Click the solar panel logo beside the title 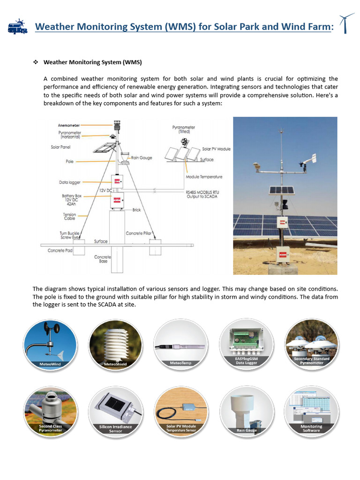click(x=17, y=26)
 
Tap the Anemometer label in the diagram click(x=69, y=125)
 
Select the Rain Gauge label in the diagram click(x=142, y=158)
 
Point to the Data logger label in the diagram click(x=70, y=182)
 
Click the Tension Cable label click(x=69, y=217)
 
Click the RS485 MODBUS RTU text click(x=202, y=192)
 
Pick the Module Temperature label click(x=204, y=177)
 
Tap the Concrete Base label click(x=102, y=259)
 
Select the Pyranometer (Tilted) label click(x=183, y=129)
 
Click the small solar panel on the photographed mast click(x=281, y=190)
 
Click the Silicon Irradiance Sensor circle click(x=115, y=411)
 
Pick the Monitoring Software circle click(x=311, y=411)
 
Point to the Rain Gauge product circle click(x=247, y=411)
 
